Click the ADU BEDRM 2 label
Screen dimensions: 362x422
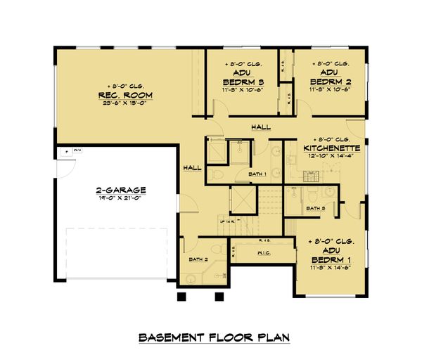(328, 77)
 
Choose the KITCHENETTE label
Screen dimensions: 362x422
(332, 148)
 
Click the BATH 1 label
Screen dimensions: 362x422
(257, 174)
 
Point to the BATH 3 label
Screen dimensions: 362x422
(316, 208)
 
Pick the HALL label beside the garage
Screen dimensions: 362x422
(191, 169)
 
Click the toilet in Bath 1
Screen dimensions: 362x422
(218, 174)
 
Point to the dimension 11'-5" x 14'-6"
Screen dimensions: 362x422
(328, 267)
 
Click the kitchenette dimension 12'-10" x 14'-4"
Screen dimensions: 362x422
(332, 157)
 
